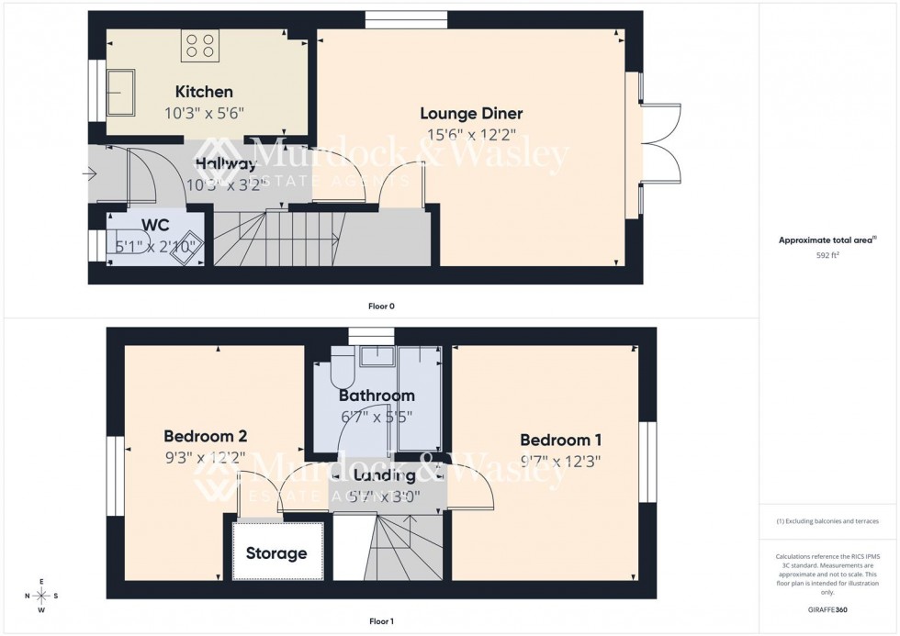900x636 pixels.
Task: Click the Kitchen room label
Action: coord(204,92)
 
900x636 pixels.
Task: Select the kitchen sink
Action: coord(121,93)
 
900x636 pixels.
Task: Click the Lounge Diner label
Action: coord(471,114)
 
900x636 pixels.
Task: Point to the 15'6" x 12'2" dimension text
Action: coord(471,135)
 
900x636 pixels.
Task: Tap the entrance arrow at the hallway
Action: coord(89,173)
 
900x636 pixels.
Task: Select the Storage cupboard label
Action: coord(276,553)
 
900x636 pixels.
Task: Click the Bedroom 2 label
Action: coord(205,436)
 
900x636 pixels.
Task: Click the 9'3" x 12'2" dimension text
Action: coord(205,458)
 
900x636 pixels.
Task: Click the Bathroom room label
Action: coord(377,396)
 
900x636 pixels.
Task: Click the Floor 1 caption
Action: coord(380,621)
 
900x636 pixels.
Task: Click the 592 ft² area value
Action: coord(827,256)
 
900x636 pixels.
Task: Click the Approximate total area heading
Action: coord(827,240)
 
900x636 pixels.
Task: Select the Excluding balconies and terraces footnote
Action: coord(827,521)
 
